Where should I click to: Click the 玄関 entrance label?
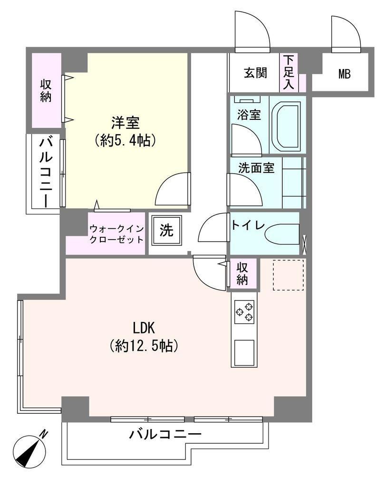[x=255, y=73]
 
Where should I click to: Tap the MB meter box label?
[x=344, y=74]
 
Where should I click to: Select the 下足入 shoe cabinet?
[x=289, y=72]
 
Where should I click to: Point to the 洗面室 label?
[x=256, y=168]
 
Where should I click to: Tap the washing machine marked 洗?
[x=166, y=230]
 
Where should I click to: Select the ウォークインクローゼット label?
[x=116, y=234]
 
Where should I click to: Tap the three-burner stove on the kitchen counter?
[x=244, y=312]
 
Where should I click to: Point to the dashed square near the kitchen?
[x=288, y=275]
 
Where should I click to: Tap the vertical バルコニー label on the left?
[x=46, y=173]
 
